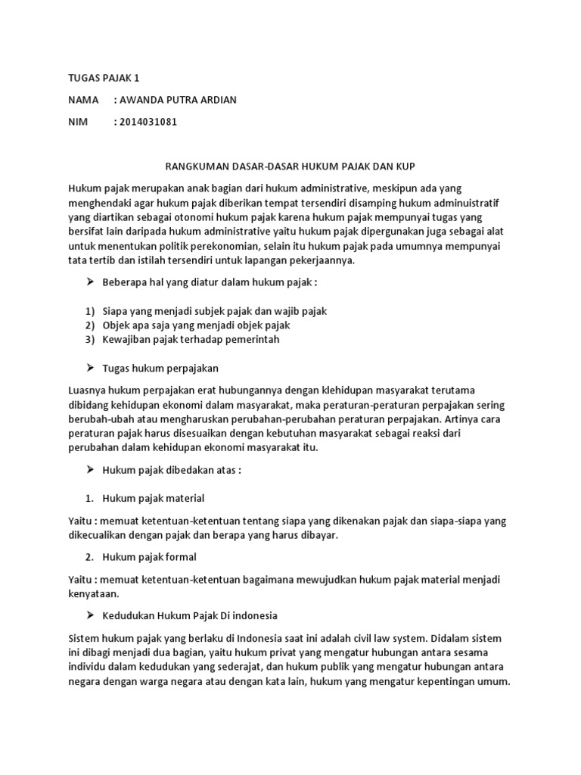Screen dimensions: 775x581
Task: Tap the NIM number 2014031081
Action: pyautogui.click(x=147, y=122)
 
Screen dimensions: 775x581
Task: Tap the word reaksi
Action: pyautogui.click(x=434, y=433)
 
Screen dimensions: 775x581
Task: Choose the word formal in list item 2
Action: pyautogui.click(x=180, y=557)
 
